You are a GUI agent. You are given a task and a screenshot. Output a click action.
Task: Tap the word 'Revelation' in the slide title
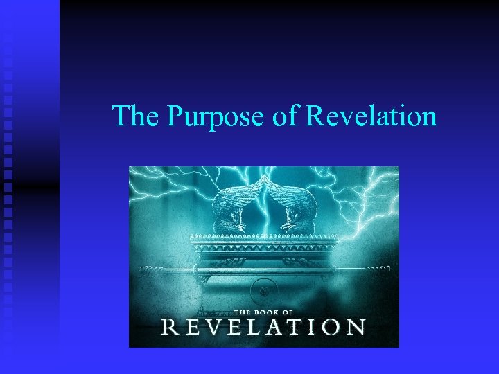pyautogui.click(x=371, y=116)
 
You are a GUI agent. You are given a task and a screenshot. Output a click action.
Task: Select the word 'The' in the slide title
pyautogui.click(x=135, y=116)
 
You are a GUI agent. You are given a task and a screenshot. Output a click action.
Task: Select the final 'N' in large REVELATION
pyautogui.click(x=356, y=326)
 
